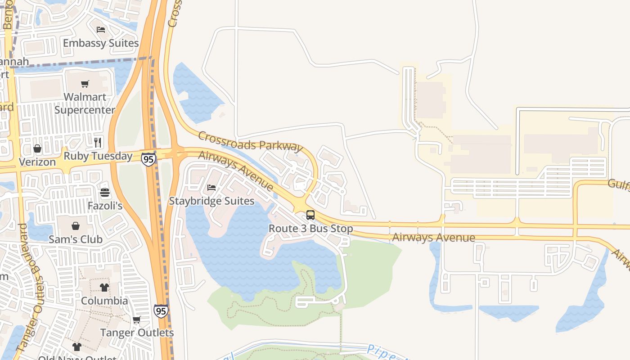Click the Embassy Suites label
101,43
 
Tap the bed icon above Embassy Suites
101,30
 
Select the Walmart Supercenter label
85,103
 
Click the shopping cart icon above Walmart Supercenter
85,84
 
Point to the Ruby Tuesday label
98,156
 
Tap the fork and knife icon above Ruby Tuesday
98,143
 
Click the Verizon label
37,162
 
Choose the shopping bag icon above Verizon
37,148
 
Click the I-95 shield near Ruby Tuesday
148,158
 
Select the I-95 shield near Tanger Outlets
161,310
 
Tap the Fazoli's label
105,206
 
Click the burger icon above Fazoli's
105,193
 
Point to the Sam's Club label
76,239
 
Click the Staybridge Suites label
211,201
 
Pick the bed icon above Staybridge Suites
211,187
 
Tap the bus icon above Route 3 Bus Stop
310,215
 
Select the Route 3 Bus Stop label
310,229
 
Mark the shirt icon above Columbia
104,287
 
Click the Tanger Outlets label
137,333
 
